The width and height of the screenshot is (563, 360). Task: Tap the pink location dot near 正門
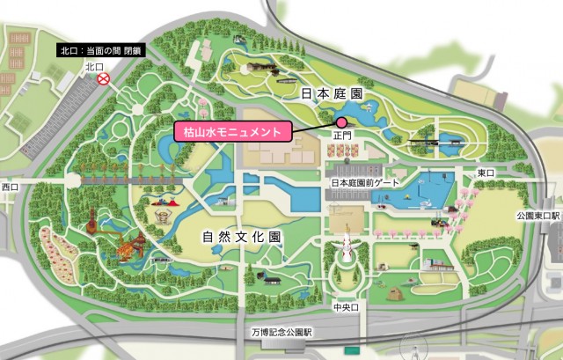[x=341, y=122]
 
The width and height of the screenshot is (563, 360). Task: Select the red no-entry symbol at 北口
[x=104, y=79]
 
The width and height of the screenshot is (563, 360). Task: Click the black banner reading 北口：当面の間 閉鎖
[x=99, y=50]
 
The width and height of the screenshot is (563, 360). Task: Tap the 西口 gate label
[x=10, y=187]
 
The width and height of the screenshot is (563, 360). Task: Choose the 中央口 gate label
[x=343, y=309]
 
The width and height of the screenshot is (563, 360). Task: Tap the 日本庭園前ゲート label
[x=365, y=182]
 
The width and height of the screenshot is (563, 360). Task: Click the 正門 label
[x=341, y=137]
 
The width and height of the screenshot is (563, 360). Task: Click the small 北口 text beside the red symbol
[x=94, y=67]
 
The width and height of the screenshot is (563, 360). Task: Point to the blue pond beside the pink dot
[x=369, y=118]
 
